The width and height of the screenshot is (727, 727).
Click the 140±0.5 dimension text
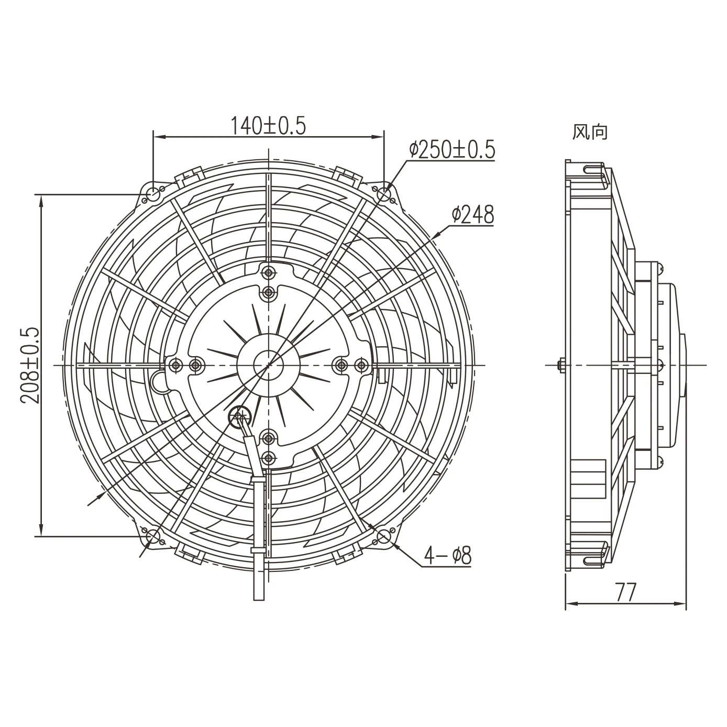(268, 126)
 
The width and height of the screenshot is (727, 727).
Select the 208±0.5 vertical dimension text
(30, 365)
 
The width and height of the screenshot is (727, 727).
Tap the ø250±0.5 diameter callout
(451, 150)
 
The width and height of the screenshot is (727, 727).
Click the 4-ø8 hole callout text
(448, 556)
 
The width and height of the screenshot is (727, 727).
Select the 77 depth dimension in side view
(625, 593)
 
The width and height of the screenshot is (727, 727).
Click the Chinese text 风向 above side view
(590, 133)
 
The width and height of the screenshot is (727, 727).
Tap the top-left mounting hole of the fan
(153, 194)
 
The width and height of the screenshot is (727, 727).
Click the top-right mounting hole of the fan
(384, 194)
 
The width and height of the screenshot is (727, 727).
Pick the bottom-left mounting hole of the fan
(153, 536)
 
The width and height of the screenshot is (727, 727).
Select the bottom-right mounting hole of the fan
(384, 536)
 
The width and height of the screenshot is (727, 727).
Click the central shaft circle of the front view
(268, 365)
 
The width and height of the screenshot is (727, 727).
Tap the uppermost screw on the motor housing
(269, 272)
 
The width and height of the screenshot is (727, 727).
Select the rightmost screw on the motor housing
(361, 365)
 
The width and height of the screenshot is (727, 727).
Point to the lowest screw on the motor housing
(269, 457)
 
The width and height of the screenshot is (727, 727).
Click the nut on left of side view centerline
(561, 365)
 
